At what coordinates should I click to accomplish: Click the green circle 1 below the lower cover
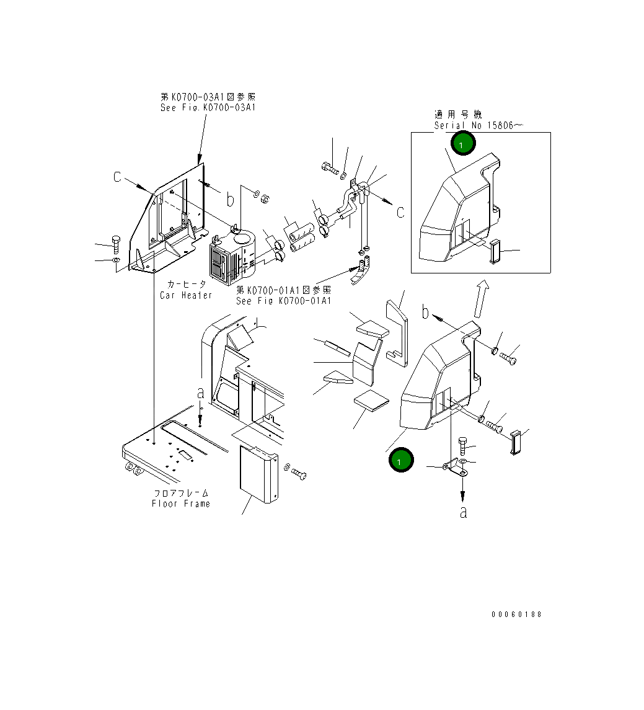point(400,461)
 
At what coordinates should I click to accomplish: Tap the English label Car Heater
point(186,295)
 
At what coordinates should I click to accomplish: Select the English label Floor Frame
point(181,504)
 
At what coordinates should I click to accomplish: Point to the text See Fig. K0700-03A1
point(208,107)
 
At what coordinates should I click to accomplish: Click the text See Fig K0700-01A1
point(283,301)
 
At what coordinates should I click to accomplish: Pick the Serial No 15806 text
point(479,125)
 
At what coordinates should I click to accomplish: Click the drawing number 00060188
point(516,615)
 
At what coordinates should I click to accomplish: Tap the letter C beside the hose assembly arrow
point(400,212)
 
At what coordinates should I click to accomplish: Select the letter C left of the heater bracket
point(117,177)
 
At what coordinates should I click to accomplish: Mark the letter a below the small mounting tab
point(463,512)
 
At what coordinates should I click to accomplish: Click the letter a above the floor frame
point(200,393)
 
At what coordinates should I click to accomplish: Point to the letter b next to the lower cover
point(425,313)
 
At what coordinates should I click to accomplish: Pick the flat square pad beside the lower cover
point(371,401)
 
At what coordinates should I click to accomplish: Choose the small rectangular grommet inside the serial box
point(495,252)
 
